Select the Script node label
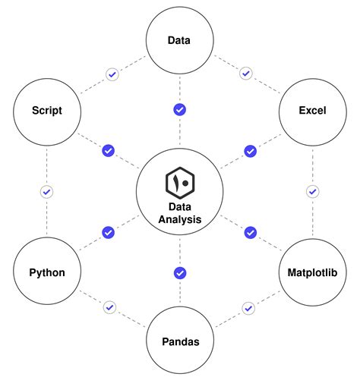[46, 111]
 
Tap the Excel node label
[312, 111]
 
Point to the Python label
[46, 272]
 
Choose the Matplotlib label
[312, 272]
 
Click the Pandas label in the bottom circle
[180, 342]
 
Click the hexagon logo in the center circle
[180, 184]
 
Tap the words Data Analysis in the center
[180, 213]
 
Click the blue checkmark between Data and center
[180, 110]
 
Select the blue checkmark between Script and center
[108, 151]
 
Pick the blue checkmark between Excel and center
[250, 151]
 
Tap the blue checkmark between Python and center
[108, 232]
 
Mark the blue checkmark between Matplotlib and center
[250, 232]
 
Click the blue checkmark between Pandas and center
[180, 272]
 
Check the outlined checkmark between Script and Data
[112, 74]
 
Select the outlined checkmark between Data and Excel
[245, 74]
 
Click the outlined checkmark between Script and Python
[46, 192]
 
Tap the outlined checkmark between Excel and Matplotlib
[312, 192]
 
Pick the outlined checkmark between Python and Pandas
[111, 308]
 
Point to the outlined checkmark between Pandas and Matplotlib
[248, 308]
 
